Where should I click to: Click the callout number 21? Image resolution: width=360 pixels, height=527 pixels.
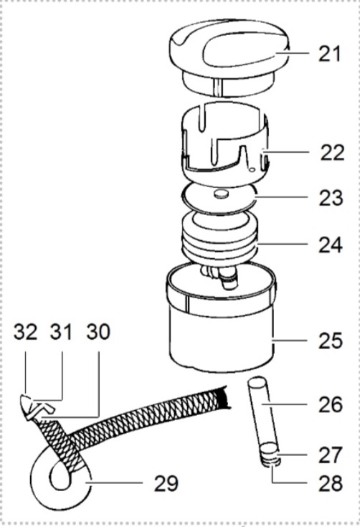[x=329, y=54]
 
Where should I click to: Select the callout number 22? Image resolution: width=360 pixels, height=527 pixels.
[x=332, y=153]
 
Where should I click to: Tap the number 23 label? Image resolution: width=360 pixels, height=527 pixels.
[x=331, y=198]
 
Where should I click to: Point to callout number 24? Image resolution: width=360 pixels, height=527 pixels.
[x=331, y=244]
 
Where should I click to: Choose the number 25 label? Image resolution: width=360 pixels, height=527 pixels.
[x=331, y=341]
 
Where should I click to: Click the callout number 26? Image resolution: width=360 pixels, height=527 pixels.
[x=331, y=404]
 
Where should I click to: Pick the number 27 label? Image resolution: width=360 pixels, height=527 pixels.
[x=331, y=455]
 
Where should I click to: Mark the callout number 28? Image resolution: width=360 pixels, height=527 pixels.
[x=331, y=483]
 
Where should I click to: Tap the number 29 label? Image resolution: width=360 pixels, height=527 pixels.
[x=166, y=483]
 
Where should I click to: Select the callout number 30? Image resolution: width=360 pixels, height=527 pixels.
[x=98, y=332]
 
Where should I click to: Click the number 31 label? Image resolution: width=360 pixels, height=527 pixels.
[x=61, y=332]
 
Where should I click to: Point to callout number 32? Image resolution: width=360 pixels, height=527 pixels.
[x=25, y=332]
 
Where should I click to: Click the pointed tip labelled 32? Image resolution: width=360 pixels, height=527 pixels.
[x=27, y=404]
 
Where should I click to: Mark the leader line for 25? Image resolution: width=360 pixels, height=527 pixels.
[x=290, y=341]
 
